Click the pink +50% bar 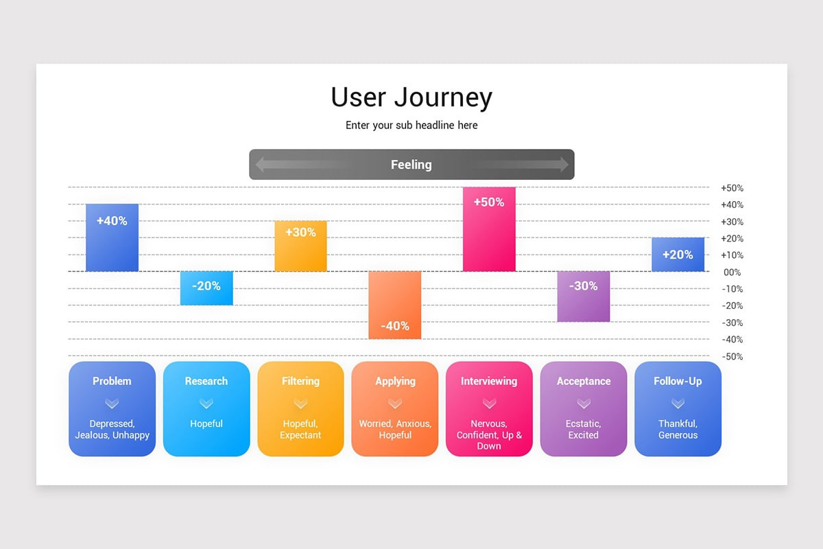[489, 229]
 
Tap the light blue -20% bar [206, 288]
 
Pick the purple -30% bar [583, 296]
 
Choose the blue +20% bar [678, 255]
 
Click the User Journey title [411, 97]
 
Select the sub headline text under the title [411, 126]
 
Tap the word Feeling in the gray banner [411, 165]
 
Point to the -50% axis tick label [732, 357]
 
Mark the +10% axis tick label [732, 255]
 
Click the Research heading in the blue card [206, 381]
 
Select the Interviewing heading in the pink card [489, 381]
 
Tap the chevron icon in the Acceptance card [584, 403]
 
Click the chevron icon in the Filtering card [300, 403]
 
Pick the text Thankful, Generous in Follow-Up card [678, 430]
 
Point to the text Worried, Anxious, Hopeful [395, 430]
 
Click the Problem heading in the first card [112, 381]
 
